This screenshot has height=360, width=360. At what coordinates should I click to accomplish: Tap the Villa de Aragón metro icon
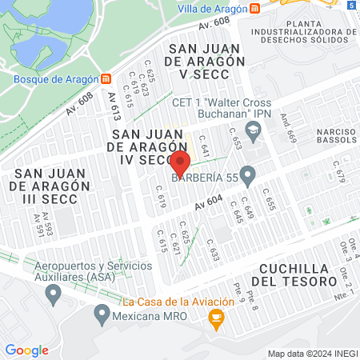tap(254, 8)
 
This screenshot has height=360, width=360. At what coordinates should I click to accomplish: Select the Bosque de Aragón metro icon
tap(106, 78)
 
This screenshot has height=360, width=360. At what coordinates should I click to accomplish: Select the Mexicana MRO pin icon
tap(102, 314)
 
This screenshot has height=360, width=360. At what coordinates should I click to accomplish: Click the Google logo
tap(26, 350)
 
